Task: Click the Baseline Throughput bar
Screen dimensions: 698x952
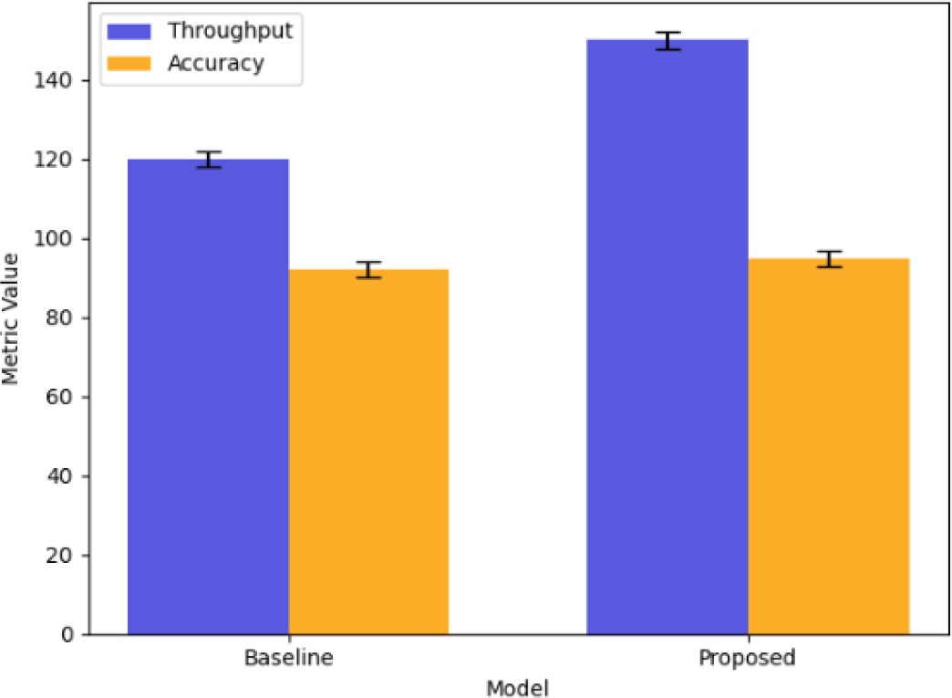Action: click(208, 397)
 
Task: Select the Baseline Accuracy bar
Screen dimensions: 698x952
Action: click(368, 452)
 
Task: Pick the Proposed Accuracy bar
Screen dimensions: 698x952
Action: click(828, 446)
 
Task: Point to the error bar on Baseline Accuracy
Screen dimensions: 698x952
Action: click(368, 270)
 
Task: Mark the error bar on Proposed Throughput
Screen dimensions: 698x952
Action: click(667, 40)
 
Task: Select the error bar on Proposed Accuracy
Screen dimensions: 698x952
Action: click(828, 258)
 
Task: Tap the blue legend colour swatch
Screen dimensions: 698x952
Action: click(134, 31)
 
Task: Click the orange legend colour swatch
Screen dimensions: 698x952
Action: click(134, 63)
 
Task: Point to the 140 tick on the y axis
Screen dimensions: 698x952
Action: click(64, 81)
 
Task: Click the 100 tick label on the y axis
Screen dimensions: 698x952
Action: click(64, 239)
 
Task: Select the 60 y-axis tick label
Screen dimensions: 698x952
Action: click(68, 397)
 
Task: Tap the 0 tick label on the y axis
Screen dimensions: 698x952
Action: click(73, 634)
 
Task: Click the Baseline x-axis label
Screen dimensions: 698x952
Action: click(288, 657)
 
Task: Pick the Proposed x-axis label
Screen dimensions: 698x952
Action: click(748, 657)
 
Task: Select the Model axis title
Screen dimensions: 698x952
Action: click(518, 684)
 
